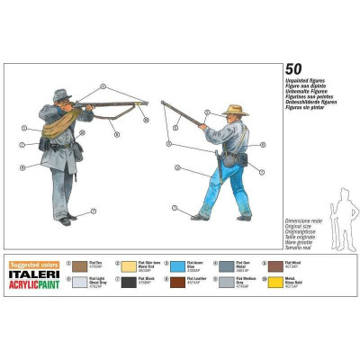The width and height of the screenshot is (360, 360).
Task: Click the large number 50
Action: [x=292, y=68]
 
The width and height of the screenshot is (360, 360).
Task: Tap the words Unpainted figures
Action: [x=307, y=80]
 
